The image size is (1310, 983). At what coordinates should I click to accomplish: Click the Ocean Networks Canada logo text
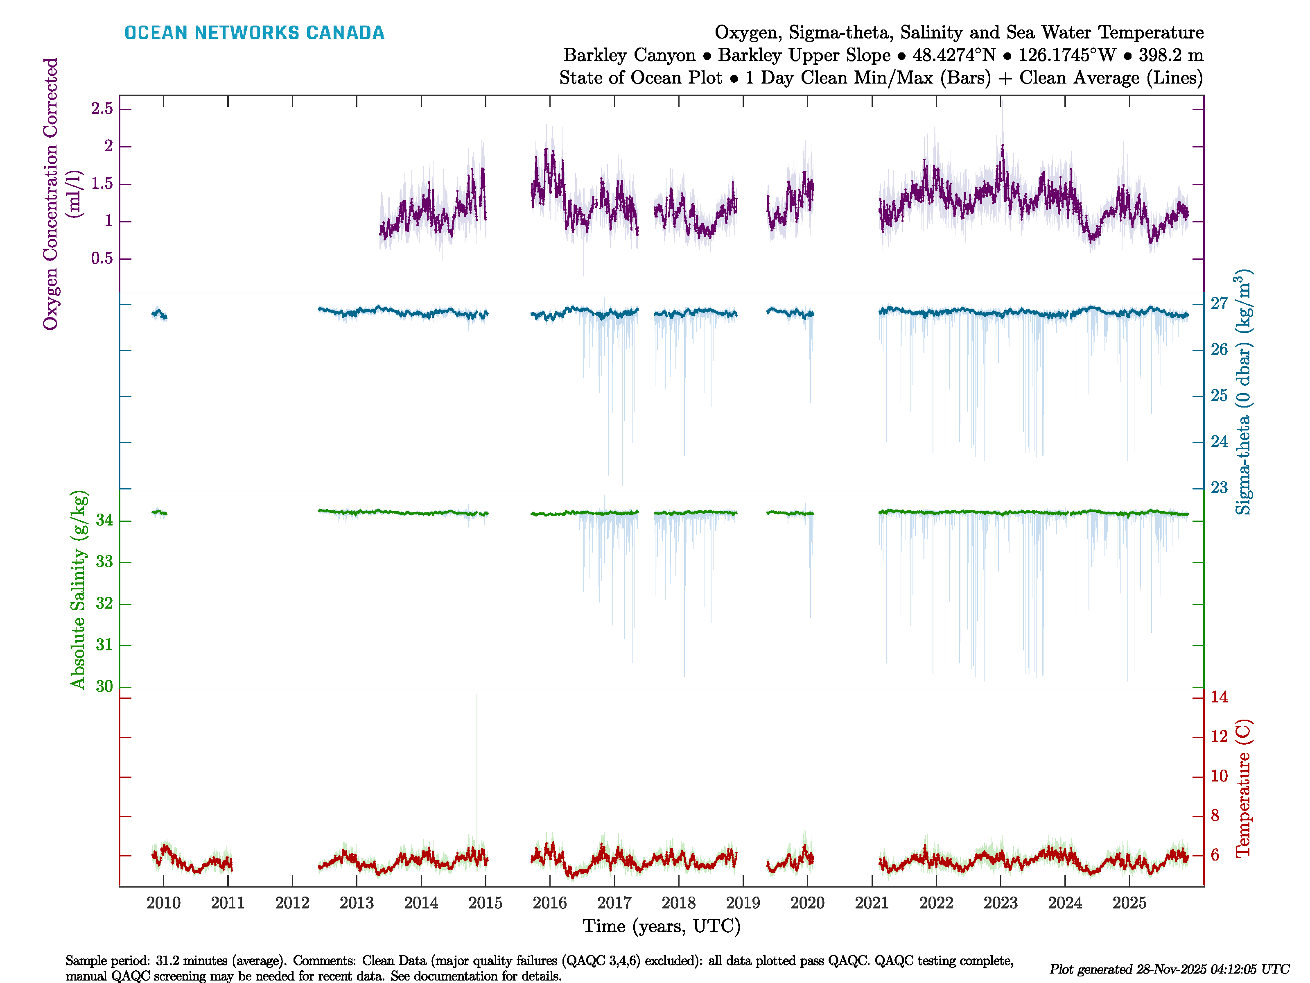254,33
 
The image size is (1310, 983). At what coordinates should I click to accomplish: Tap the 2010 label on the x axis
163,903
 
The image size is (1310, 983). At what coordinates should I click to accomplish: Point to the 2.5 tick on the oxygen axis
102,109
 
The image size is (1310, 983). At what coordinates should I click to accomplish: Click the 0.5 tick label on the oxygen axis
102,259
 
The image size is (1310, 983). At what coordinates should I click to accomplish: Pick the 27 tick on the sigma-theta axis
1219,304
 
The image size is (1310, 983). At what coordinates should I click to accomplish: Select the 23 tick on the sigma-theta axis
1219,488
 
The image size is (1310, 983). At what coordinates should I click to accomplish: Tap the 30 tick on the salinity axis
104,687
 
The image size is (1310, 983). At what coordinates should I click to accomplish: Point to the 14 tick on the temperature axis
1219,697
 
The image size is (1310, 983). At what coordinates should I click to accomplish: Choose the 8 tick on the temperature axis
1215,816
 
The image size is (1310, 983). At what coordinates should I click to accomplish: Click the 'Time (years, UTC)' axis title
662,926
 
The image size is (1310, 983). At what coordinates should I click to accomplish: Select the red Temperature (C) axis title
1243,788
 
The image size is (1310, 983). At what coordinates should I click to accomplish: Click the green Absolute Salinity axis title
78,589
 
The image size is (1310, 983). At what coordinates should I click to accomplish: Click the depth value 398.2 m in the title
1171,55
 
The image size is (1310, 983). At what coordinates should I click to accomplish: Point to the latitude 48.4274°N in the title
953,55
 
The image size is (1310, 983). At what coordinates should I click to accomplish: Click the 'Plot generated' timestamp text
1169,969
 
